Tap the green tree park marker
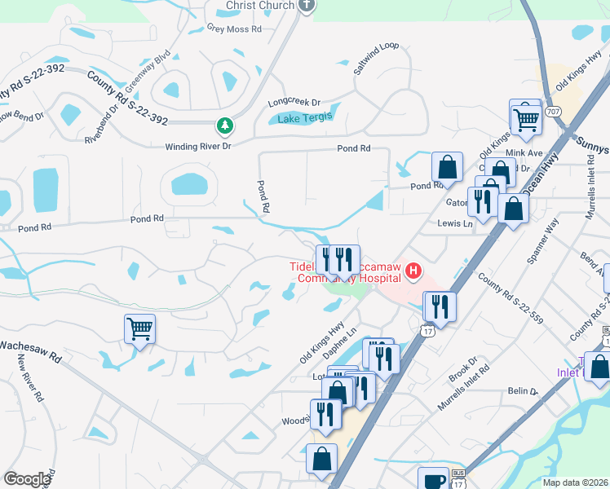click(x=224, y=126)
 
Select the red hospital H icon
click(x=414, y=271)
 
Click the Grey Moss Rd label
click(x=233, y=29)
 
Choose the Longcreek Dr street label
click(x=294, y=104)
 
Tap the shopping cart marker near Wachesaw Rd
click(x=139, y=329)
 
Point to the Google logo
click(x=27, y=478)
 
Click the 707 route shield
click(x=554, y=111)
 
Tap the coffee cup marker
click(x=433, y=479)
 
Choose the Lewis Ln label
click(x=455, y=222)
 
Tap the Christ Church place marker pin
click(x=307, y=5)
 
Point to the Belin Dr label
click(x=524, y=392)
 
